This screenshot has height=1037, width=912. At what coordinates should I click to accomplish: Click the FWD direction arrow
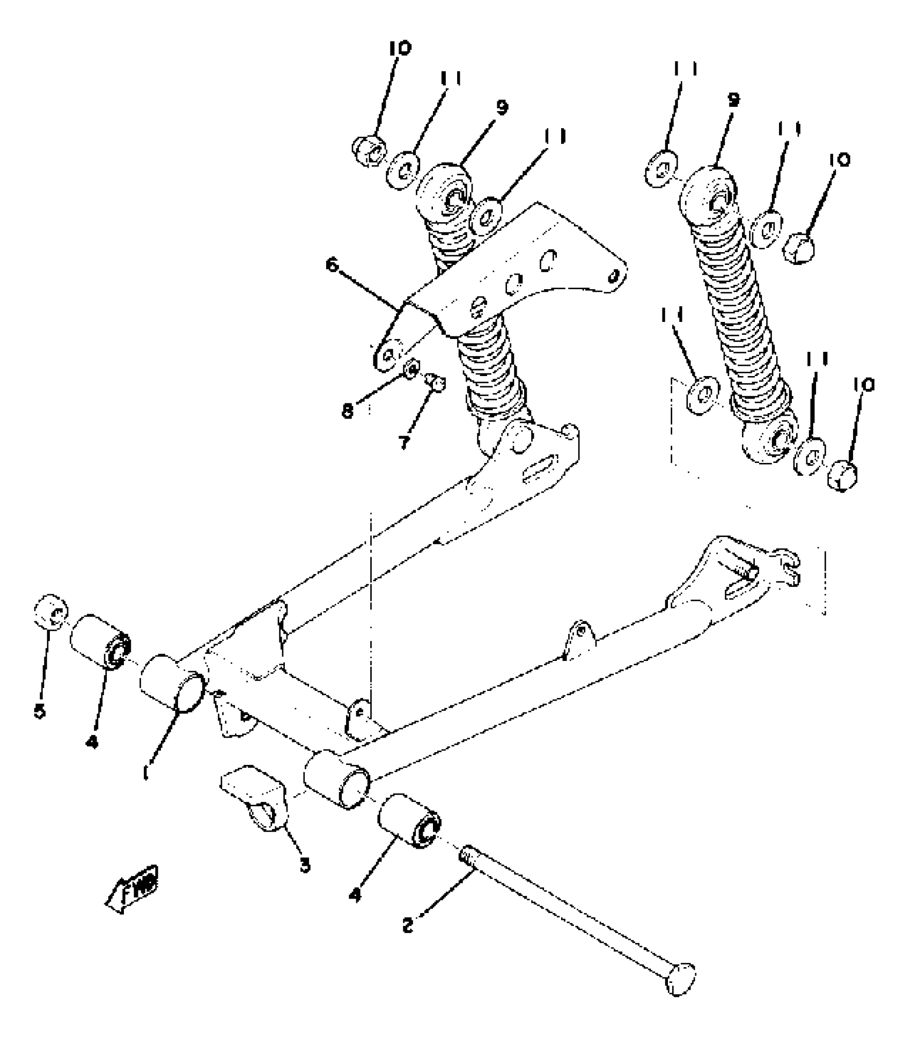point(132,889)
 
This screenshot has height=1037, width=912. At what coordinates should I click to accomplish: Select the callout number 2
point(408,925)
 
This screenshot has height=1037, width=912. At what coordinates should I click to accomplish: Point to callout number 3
point(305,865)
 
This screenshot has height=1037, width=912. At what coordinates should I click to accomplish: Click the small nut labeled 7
point(436,383)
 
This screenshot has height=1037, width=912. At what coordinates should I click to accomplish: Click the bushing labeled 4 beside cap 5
point(101,642)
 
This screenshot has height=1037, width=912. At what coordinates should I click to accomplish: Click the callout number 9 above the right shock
point(733,100)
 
